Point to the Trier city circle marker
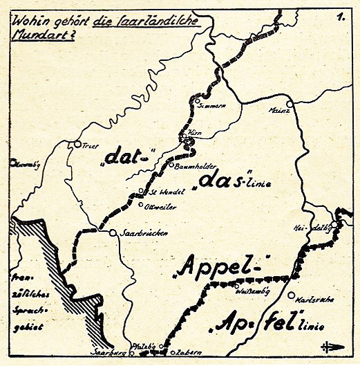[77, 145]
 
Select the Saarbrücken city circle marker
[113, 233]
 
